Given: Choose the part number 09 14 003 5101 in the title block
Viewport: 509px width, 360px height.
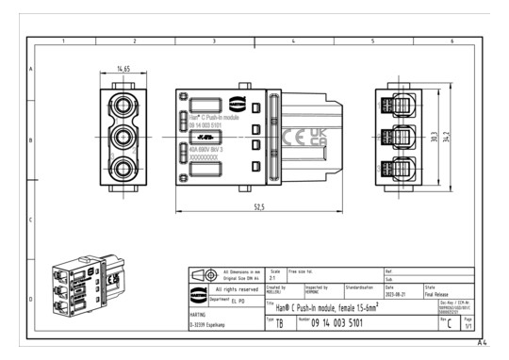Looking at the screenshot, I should coord(343,323).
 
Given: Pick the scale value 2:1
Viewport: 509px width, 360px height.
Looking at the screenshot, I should coord(274,278).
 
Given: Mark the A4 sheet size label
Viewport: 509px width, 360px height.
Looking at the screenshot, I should coord(482,342).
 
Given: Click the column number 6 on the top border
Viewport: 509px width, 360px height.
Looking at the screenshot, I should coord(451,42).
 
